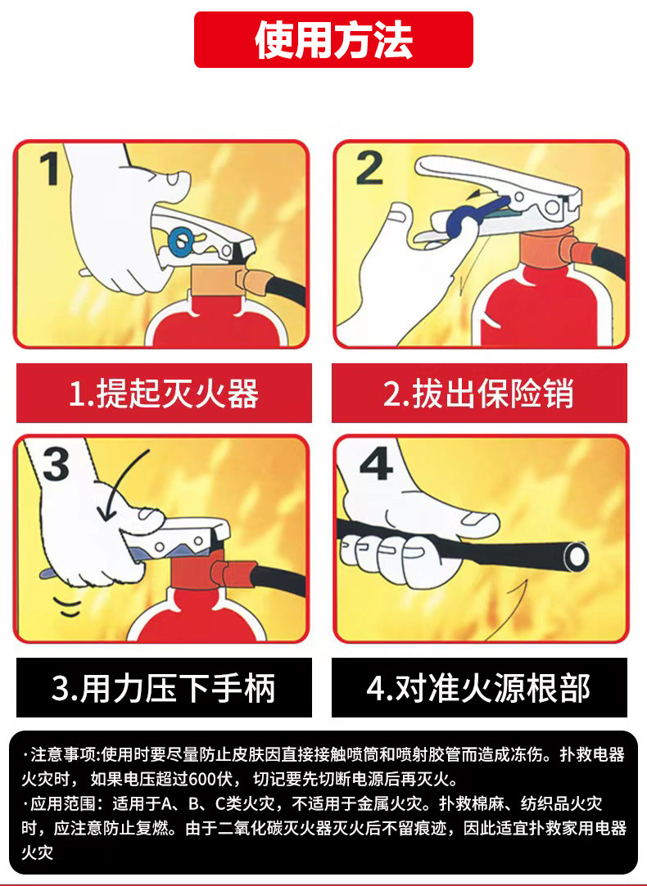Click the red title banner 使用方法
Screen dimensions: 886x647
point(333,40)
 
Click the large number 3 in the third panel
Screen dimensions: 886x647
point(56,465)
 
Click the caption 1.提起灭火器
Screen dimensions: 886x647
point(164,394)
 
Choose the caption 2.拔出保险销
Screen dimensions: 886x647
point(479,394)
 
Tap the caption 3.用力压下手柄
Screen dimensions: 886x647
point(164,688)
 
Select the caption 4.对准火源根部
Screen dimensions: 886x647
point(479,688)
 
